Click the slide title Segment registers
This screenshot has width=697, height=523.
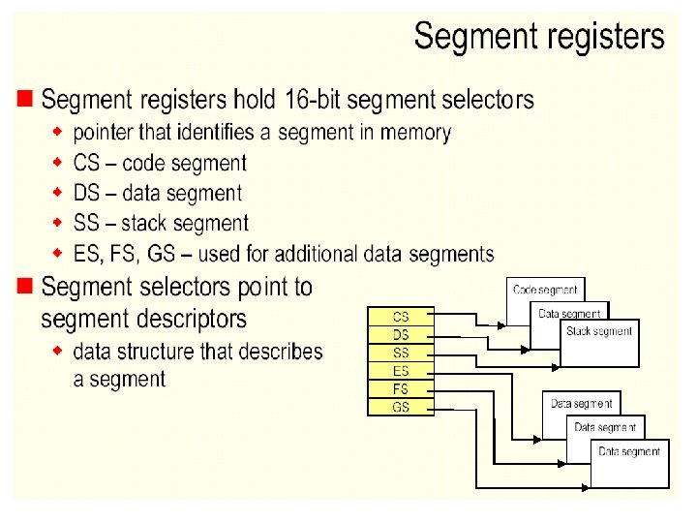pos(539,38)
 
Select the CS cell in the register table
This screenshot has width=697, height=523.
pos(400,316)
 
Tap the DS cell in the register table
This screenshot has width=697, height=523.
pos(400,334)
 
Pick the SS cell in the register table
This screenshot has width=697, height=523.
pos(400,353)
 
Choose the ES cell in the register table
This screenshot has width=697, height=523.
pos(400,371)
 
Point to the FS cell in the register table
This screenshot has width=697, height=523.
pos(400,389)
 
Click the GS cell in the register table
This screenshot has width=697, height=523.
pos(400,408)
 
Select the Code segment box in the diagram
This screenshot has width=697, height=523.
pos(545,290)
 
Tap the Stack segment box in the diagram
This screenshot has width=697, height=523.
pos(599,332)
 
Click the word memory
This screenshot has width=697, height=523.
pos(417,132)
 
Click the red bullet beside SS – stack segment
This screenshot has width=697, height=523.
pos(58,224)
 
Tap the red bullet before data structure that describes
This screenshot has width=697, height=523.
pos(58,349)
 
